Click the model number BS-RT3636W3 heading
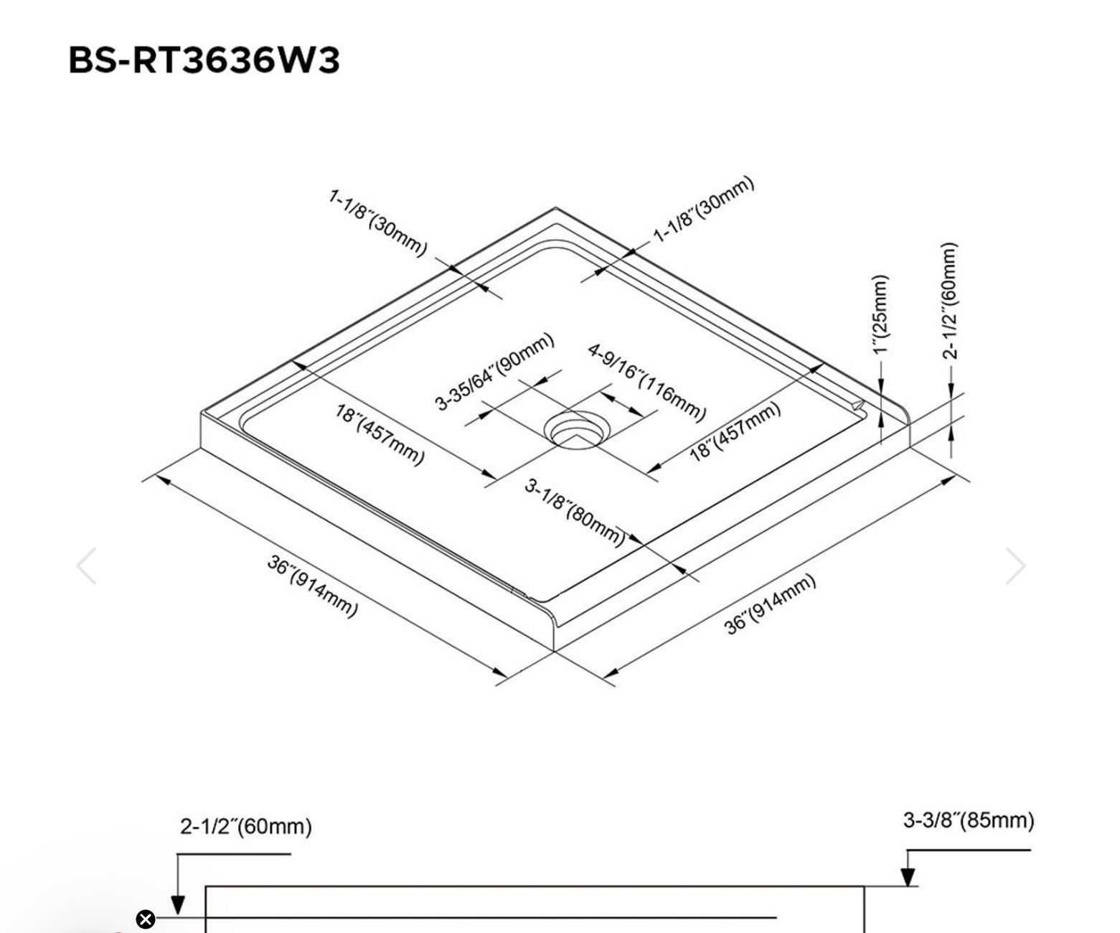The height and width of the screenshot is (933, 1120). tap(204, 60)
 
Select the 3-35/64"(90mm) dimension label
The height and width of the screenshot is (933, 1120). tap(494, 371)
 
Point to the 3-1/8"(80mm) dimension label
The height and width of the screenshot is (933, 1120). tap(575, 512)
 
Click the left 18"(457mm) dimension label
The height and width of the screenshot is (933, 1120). tap(380, 433)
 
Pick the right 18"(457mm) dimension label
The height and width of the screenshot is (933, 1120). tap(735, 431)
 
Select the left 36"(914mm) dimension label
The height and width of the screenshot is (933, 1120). tap(311, 585)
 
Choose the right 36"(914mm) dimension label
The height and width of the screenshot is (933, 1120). tap(770, 604)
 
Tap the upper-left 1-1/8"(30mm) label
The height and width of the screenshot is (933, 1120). tap(378, 222)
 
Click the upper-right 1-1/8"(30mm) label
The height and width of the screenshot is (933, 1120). tap(704, 209)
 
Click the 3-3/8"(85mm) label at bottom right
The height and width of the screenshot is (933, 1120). tap(968, 820)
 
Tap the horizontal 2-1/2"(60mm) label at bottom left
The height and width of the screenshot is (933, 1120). tap(245, 826)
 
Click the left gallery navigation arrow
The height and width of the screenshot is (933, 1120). tap(87, 566)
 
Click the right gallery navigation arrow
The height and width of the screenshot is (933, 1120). tap(1015, 566)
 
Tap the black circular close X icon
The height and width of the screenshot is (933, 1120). tap(145, 919)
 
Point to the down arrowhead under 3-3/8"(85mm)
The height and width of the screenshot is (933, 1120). tap(908, 877)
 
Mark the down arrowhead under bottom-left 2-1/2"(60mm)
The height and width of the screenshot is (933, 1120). tap(177, 906)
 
